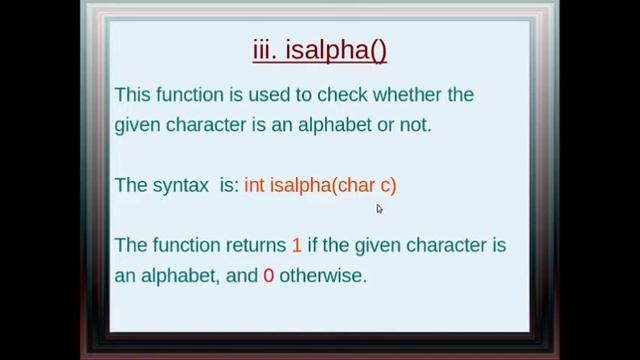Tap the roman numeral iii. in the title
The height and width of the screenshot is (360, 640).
pyautogui.click(x=265, y=50)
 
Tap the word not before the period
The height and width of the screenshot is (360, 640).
pyautogui.click(x=415, y=125)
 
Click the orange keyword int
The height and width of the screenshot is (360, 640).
pyautogui.click(x=254, y=185)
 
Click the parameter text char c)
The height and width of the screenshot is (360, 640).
pyautogui.click(x=366, y=185)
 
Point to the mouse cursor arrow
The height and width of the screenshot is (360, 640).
pyautogui.click(x=379, y=208)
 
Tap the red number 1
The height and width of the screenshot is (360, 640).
pyautogui.click(x=296, y=245)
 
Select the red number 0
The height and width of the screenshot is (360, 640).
pyautogui.click(x=268, y=275)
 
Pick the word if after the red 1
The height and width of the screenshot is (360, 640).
pyautogui.click(x=313, y=245)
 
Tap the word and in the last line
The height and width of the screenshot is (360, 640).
pyautogui.click(x=242, y=275)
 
